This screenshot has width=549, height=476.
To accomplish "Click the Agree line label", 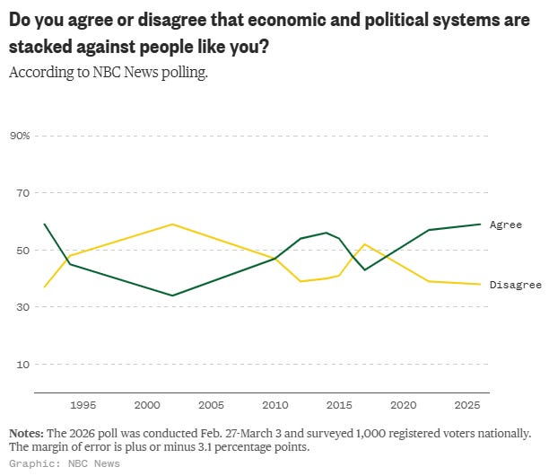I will click(x=505, y=225).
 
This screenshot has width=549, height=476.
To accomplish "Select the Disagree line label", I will click(x=515, y=285).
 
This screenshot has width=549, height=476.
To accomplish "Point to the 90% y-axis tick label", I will click(x=20, y=136).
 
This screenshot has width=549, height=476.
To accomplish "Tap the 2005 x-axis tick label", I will click(x=211, y=405).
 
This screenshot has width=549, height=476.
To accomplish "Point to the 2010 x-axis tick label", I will click(x=274, y=405).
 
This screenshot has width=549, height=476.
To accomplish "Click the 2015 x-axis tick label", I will click(x=339, y=405).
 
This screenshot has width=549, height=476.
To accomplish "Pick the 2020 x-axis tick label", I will click(x=403, y=405).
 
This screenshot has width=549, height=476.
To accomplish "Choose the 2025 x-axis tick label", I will click(x=467, y=405).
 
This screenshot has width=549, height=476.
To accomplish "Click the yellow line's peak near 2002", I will click(x=172, y=225).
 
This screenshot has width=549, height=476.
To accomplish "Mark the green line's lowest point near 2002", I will click(x=172, y=295).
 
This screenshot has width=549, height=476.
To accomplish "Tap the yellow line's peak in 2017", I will click(x=364, y=244).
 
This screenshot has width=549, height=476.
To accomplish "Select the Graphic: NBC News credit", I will click(x=64, y=463).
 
